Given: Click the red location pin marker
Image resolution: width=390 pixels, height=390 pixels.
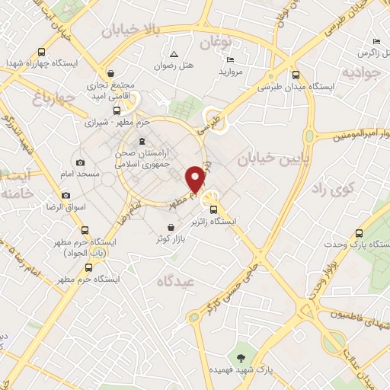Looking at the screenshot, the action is (196, 178).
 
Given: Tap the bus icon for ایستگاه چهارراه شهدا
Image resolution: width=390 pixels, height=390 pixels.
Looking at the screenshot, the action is (40, 53).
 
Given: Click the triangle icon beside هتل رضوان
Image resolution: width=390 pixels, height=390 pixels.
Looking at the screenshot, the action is (174, 54).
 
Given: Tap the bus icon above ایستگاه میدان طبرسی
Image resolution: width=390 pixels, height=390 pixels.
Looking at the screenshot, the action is (296, 75).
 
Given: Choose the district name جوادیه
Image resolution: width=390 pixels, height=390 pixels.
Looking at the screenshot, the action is (360, 73).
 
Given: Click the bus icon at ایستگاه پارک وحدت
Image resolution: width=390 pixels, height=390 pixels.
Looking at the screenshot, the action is (359, 234).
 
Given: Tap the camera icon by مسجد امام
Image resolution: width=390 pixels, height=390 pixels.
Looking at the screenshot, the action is (81, 163).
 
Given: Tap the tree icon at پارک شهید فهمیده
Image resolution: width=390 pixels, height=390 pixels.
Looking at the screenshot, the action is (241, 357).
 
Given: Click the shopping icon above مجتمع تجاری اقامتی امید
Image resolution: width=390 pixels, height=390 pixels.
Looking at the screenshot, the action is (112, 74).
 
